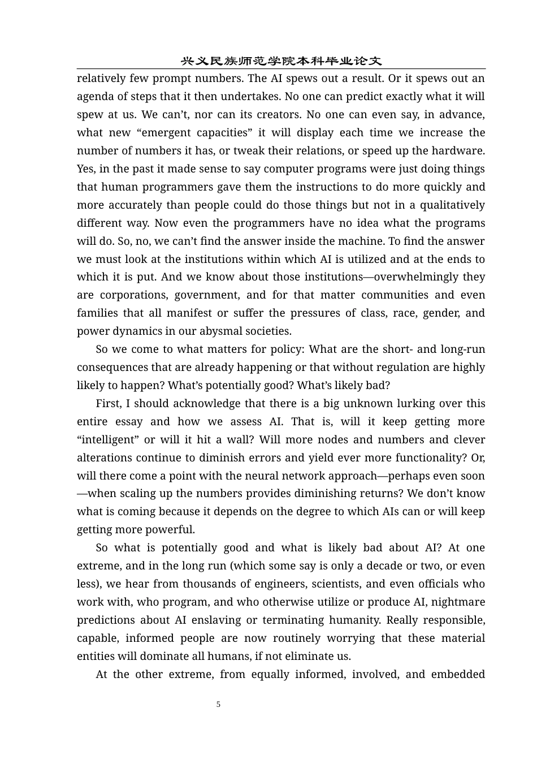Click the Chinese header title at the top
click(x=281, y=61)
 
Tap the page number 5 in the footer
click(x=218, y=704)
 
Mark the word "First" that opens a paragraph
click(x=108, y=404)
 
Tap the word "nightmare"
click(x=457, y=602)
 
